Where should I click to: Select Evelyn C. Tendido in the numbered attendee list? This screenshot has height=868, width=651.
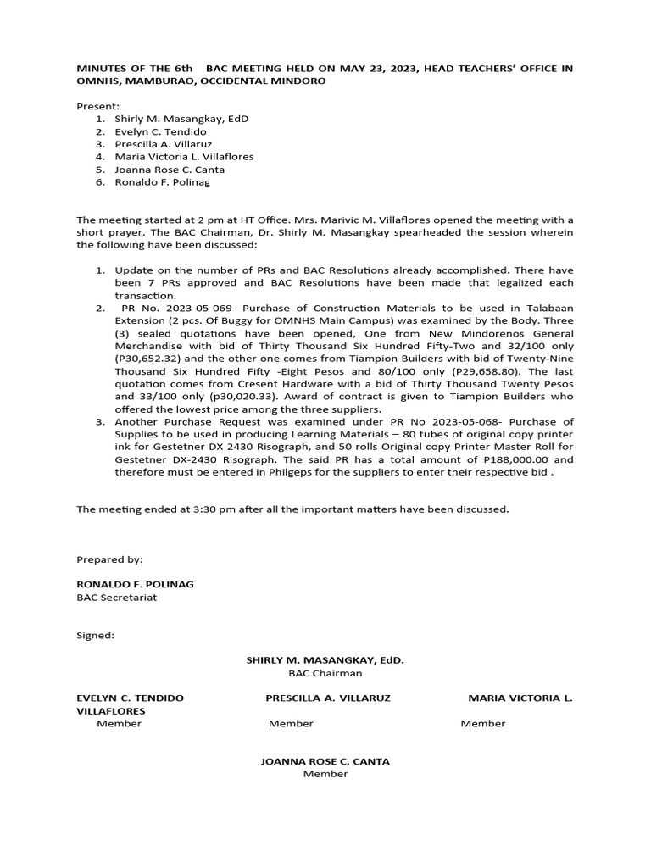click(160, 131)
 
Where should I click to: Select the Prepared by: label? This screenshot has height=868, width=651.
click(109, 559)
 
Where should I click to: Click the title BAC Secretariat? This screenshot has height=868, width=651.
click(116, 597)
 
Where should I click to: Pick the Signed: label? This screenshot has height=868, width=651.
click(95, 635)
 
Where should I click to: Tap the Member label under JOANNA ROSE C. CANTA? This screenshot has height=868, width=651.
click(325, 774)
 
